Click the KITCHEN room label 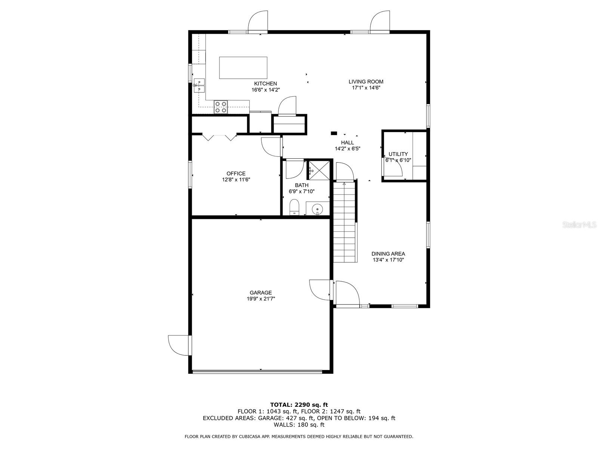pyautogui.click(x=265, y=84)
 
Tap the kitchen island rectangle pyautogui.click(x=243, y=68)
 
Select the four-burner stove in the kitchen pyautogui.click(x=221, y=107)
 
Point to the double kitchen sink pyautogui.click(x=199, y=86)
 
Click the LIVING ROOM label pyautogui.click(x=366, y=82)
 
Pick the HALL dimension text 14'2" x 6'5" pyautogui.click(x=347, y=149)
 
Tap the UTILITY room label pyautogui.click(x=398, y=154)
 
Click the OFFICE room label pyautogui.click(x=236, y=173)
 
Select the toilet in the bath pyautogui.click(x=294, y=207)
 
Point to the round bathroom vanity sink pyautogui.click(x=317, y=210)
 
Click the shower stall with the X pyautogui.click(x=319, y=170)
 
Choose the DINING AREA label pyautogui.click(x=388, y=254)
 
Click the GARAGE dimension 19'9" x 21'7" pyautogui.click(x=261, y=299)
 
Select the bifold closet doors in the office pyautogui.click(x=219, y=137)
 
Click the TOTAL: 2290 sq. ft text pyautogui.click(x=299, y=404)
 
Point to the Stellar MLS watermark pyautogui.click(x=579, y=225)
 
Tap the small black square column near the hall pyautogui.click(x=334, y=133)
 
